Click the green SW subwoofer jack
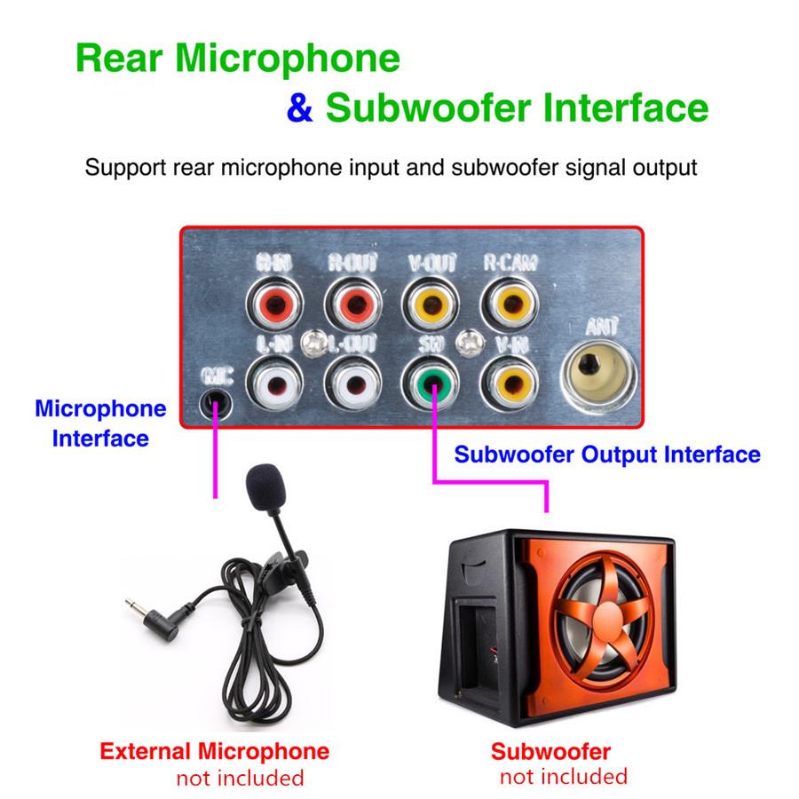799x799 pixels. coord(432,383)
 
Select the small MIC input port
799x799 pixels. coord(213,402)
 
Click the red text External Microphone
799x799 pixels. coord(214,751)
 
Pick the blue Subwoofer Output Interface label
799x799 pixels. coord(607,455)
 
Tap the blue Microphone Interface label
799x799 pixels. coord(100,423)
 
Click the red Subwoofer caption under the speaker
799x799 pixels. coord(550,751)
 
